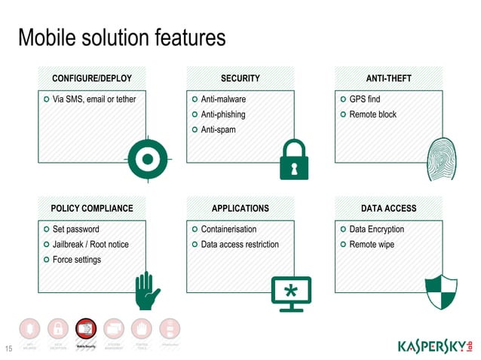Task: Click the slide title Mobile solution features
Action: click(121, 37)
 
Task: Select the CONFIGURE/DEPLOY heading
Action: click(91, 78)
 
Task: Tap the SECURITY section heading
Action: click(240, 78)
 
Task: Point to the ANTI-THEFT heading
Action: click(388, 78)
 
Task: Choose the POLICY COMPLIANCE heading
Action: click(91, 209)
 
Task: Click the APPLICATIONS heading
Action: click(240, 209)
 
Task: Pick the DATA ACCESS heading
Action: click(388, 209)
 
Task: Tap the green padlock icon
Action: click(294, 159)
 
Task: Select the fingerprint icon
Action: click(442, 159)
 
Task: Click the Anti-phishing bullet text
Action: click(222, 114)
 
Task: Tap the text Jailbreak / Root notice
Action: click(90, 245)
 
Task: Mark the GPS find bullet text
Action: click(365, 99)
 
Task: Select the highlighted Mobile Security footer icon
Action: click(85, 331)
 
